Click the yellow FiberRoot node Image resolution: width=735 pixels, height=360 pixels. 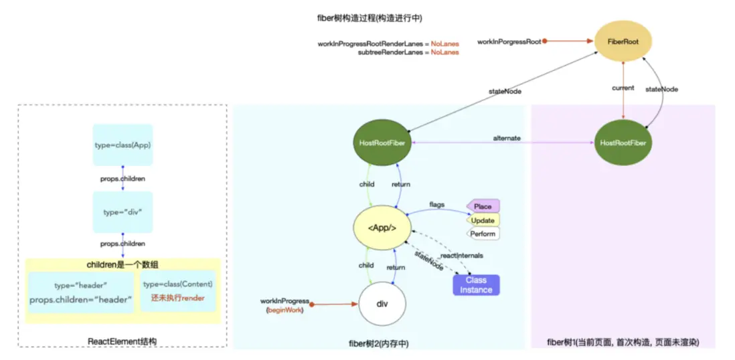(x=623, y=41)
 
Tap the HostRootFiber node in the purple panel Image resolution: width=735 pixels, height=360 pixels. (x=623, y=143)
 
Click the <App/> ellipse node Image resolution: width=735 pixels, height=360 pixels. (x=382, y=228)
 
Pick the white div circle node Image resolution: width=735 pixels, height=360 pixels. (x=382, y=304)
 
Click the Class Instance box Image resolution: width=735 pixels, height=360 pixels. (x=476, y=285)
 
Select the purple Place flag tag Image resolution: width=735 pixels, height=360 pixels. (x=482, y=206)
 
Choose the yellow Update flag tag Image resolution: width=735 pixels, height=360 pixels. (x=482, y=220)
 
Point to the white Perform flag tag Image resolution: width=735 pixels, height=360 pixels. (x=482, y=234)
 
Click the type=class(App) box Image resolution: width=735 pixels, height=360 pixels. (x=122, y=145)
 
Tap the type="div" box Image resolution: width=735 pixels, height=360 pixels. (x=122, y=211)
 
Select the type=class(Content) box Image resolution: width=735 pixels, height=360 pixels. (x=178, y=291)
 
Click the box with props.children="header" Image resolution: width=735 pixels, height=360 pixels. (x=81, y=292)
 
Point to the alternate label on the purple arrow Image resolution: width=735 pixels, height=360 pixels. (x=507, y=138)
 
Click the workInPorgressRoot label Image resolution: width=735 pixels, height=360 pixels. (x=509, y=41)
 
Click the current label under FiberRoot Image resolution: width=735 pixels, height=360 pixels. (x=623, y=88)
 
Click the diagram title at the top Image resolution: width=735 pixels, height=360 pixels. (x=370, y=16)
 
